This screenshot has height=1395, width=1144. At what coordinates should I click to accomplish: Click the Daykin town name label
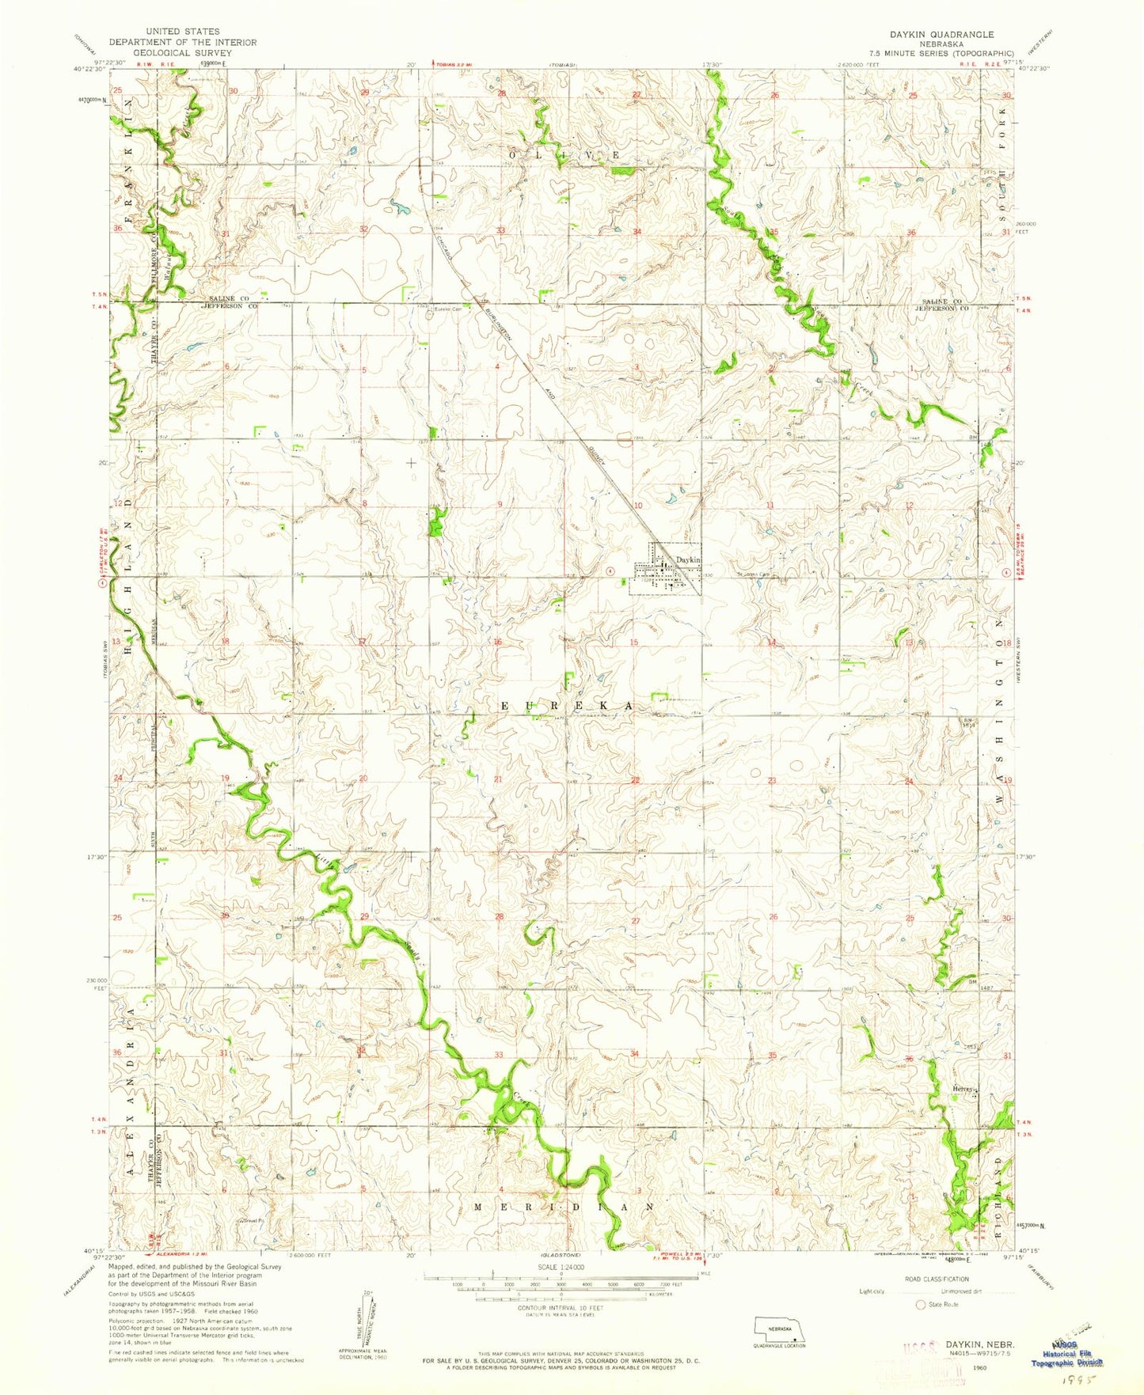pyautogui.click(x=687, y=559)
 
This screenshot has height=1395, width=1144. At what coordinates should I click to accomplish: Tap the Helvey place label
pyautogui.click(x=961, y=1089)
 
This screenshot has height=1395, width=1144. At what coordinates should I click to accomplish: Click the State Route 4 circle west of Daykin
pyautogui.click(x=610, y=570)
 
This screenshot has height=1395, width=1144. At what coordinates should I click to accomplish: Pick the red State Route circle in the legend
pyautogui.click(x=920, y=1304)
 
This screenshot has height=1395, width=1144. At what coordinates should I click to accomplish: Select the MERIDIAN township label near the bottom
pyautogui.click(x=564, y=1207)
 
